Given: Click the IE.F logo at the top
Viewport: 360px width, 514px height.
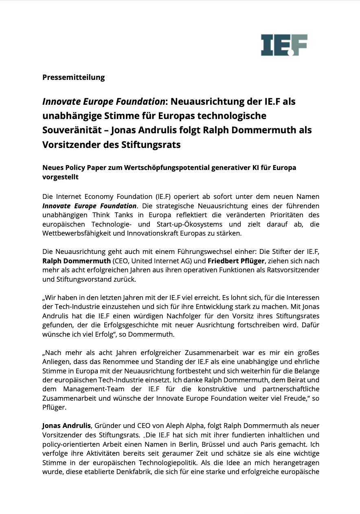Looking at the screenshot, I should (x=284, y=45).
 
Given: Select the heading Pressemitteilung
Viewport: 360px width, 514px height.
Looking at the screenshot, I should (x=73, y=77).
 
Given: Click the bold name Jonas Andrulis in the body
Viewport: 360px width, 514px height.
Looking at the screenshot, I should (x=66, y=426).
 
